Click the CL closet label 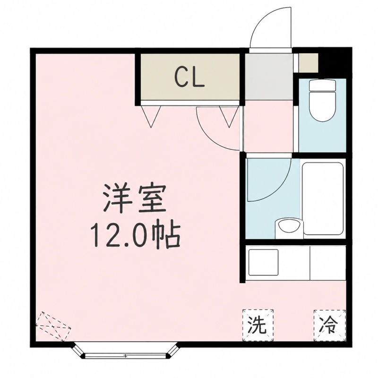pyautogui.click(x=190, y=77)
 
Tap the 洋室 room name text pyautogui.click(x=135, y=198)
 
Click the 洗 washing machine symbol pyautogui.click(x=258, y=325)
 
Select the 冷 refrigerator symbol pyautogui.click(x=329, y=325)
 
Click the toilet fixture pyautogui.click(x=322, y=100)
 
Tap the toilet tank pyautogui.click(x=322, y=86)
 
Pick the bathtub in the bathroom pyautogui.click(x=323, y=198)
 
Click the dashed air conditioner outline pyautogui.click(x=53, y=326)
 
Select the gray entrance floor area pyautogui.click(x=268, y=77)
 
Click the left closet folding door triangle pyautogui.click(x=151, y=116)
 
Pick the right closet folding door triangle pyautogui.click(x=229, y=116)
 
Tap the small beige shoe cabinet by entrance pyautogui.click(x=309, y=63)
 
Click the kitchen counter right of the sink pyautogui.click(x=327, y=263)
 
